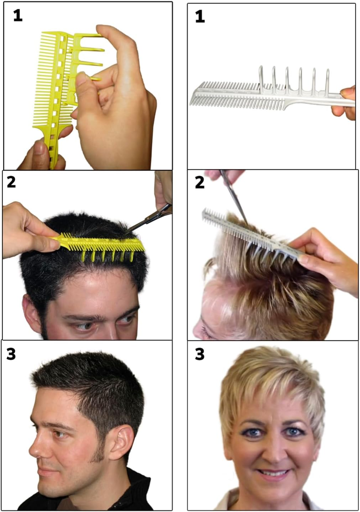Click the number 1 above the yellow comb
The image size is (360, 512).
[18, 15]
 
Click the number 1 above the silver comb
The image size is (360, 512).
[200, 16]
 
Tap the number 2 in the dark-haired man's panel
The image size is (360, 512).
[11, 182]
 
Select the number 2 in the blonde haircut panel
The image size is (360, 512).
[200, 183]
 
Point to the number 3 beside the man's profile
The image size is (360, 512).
[11, 354]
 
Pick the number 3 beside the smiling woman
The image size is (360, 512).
[200, 354]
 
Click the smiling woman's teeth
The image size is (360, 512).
[273, 473]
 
